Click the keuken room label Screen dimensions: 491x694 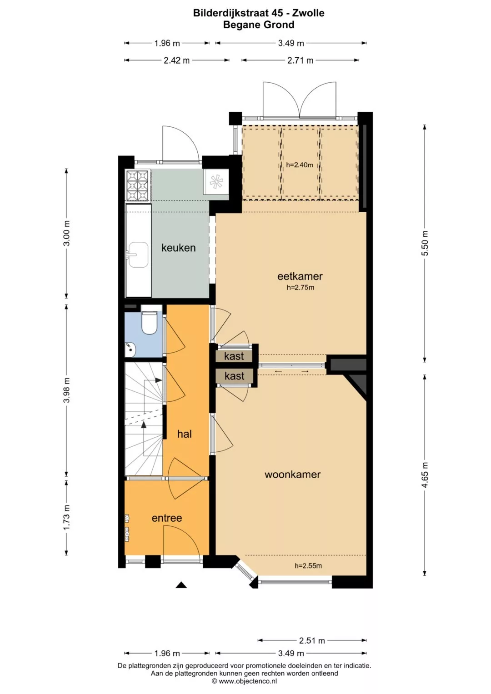point(179,248)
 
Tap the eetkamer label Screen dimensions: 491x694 point(300,276)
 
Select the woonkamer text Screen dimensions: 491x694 point(293,474)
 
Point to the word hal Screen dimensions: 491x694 point(185,434)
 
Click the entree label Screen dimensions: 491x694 point(167,518)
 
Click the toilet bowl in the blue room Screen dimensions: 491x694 point(149,323)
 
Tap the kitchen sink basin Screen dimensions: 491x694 point(138,255)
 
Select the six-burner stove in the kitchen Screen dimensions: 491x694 point(138,185)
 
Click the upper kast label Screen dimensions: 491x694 point(234,356)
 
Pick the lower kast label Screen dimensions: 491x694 point(235,376)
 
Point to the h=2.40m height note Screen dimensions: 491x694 point(300,165)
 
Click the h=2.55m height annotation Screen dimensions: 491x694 point(308,566)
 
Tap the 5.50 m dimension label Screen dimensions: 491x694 point(425,243)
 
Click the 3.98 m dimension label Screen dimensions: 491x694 point(66,390)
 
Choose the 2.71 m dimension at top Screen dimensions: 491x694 point(300,60)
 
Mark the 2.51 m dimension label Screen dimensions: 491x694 point(312,640)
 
